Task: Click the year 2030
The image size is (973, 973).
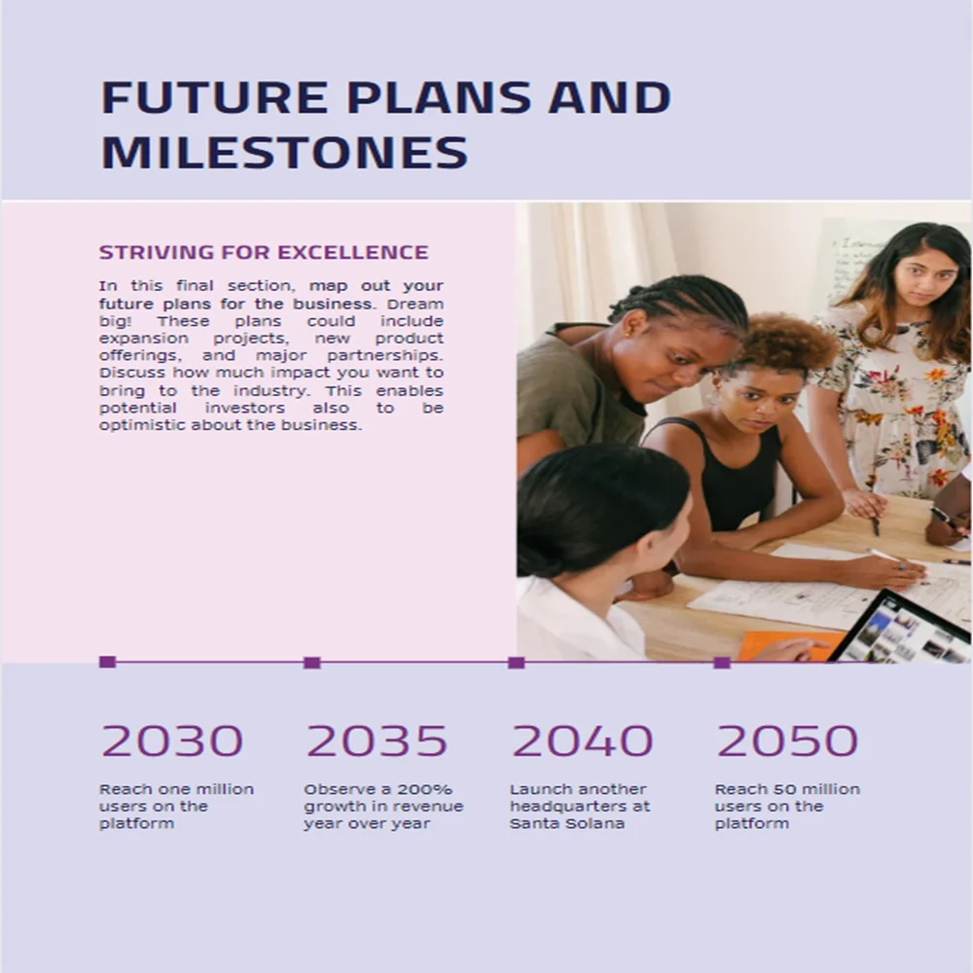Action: (x=172, y=741)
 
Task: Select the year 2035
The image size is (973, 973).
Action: (x=377, y=741)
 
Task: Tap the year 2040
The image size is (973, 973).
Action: (x=582, y=741)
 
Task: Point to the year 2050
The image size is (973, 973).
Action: (x=787, y=741)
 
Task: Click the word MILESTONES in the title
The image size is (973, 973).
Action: (x=284, y=153)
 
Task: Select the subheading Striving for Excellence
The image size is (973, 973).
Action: (x=264, y=252)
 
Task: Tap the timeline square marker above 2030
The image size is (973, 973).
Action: (x=108, y=663)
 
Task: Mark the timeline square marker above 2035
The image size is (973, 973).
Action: (x=312, y=663)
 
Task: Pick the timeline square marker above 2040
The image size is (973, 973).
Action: (x=517, y=663)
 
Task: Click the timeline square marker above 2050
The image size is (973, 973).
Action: (x=722, y=663)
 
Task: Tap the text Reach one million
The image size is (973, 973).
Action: (x=176, y=789)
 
